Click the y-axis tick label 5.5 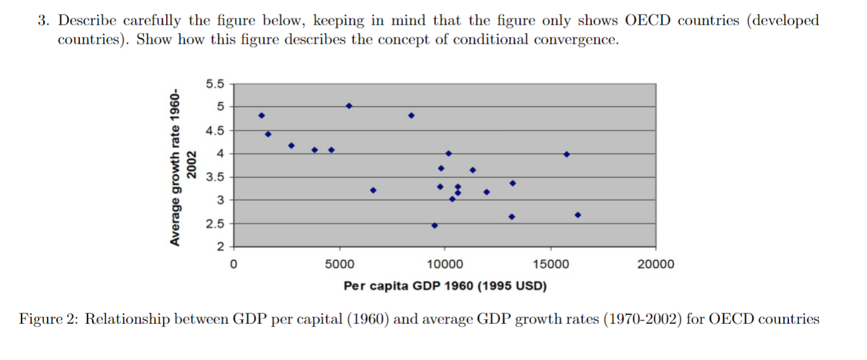215,84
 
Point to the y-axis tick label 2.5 215,224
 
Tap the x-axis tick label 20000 655,264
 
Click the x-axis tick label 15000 550,264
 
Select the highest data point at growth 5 349,106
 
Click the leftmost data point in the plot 261,115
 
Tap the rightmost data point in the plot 577,215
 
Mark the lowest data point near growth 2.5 434,225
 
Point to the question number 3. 42,20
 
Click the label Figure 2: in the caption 48,319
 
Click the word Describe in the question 86,20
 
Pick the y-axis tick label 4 219,153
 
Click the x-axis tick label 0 234,264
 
